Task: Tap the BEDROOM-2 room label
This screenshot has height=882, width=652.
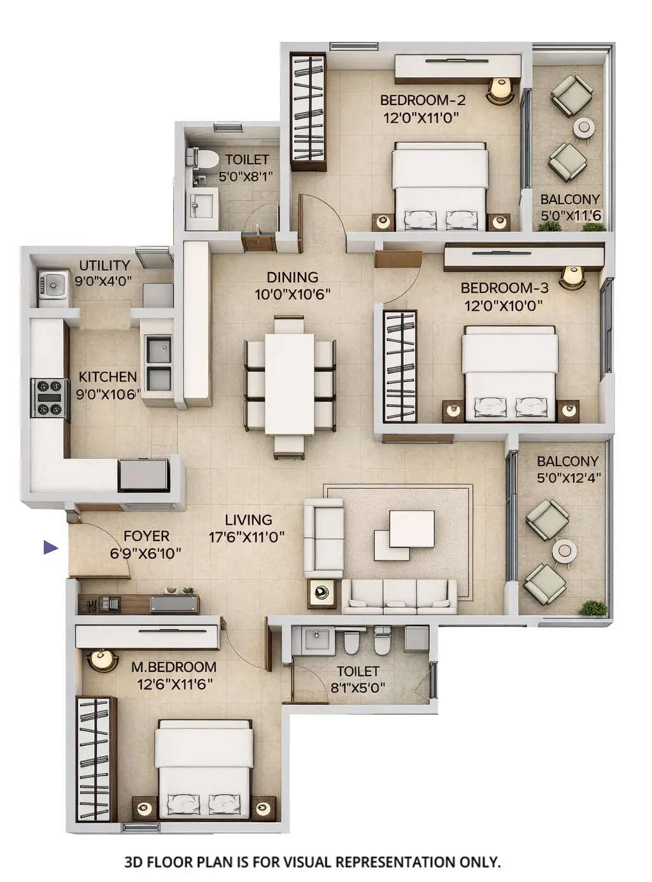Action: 423,100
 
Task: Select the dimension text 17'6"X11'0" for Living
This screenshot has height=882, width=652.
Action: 246,537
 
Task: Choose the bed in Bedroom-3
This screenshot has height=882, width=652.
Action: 509,373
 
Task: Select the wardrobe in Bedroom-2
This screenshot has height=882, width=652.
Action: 308,111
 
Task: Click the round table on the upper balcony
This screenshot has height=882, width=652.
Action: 583,127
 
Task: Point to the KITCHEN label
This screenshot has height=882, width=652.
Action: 108,377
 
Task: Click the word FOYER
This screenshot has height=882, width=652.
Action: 146,536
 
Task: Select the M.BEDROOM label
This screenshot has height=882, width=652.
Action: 173,667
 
